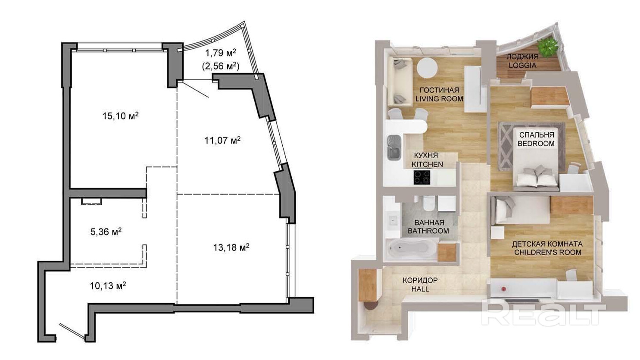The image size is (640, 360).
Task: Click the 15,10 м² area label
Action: tap(121, 116)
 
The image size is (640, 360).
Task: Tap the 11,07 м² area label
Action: tap(222, 140)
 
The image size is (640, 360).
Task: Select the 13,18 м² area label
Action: tap(231, 247)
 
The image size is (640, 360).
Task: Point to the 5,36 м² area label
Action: tap(106, 232)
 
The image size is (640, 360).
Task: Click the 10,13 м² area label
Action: tap(108, 285)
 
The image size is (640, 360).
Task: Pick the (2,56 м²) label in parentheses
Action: tap(221, 66)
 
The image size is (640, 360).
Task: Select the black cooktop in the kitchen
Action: tap(422, 177)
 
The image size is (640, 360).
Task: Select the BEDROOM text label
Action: tap(536, 144)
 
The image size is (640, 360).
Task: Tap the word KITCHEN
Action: tap(427, 164)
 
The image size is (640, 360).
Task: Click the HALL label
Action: tap(420, 289)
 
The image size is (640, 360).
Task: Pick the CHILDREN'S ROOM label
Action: tap(548, 253)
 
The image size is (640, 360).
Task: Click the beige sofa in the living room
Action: tap(400, 81)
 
